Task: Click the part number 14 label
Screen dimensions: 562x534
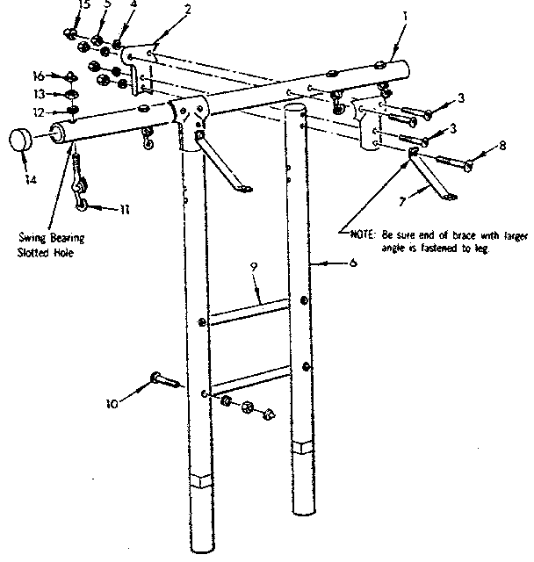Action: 30,180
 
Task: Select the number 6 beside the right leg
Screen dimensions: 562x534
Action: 353,263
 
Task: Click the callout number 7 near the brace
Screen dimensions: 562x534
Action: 404,202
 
